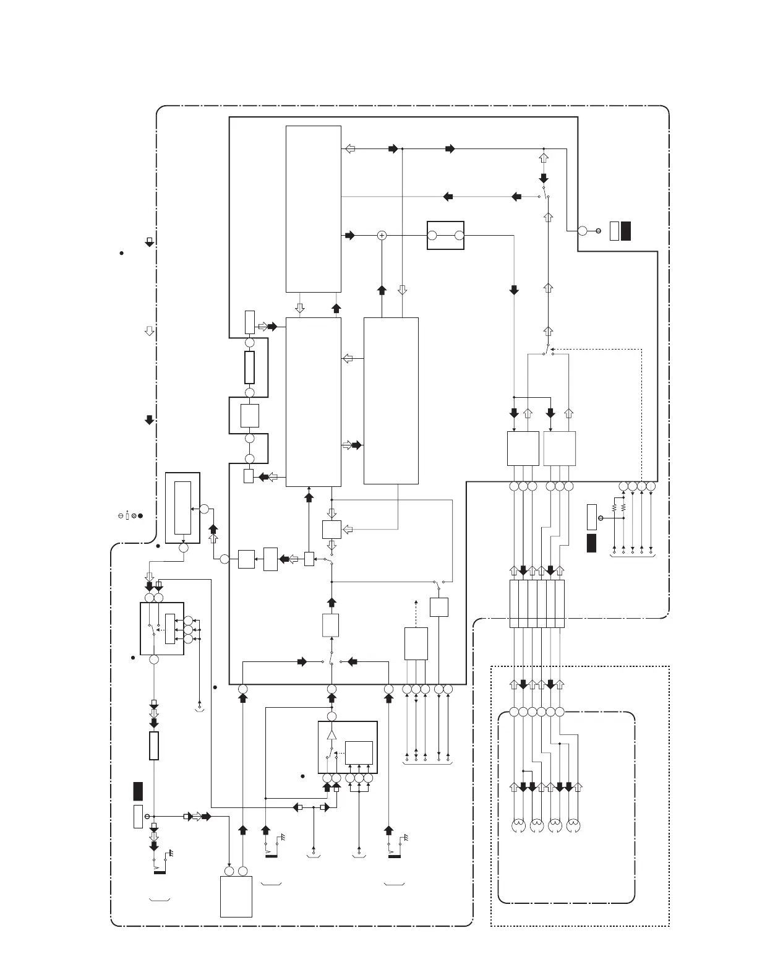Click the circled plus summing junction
[x=382, y=235]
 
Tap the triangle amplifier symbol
[x=331, y=734]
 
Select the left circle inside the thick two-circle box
[x=432, y=235]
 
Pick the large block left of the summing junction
[x=313, y=208]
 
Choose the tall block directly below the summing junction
[x=391, y=400]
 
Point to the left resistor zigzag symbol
[x=614, y=507]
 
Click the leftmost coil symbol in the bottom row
[x=519, y=825]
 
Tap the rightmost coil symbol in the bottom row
[x=574, y=825]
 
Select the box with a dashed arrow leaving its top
[x=416, y=643]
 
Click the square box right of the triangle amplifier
[x=359, y=753]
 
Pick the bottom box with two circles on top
[x=236, y=895]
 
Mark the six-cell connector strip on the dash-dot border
[x=537, y=604]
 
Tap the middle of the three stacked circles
[x=188, y=629]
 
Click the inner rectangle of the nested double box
[x=182, y=507]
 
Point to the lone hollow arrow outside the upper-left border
[x=148, y=331]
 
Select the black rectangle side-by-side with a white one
[x=626, y=230]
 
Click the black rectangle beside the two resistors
[x=591, y=543]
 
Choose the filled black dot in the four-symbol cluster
[x=141, y=515]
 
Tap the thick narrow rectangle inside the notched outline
[x=250, y=367]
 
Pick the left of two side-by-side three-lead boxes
[x=523, y=449]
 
